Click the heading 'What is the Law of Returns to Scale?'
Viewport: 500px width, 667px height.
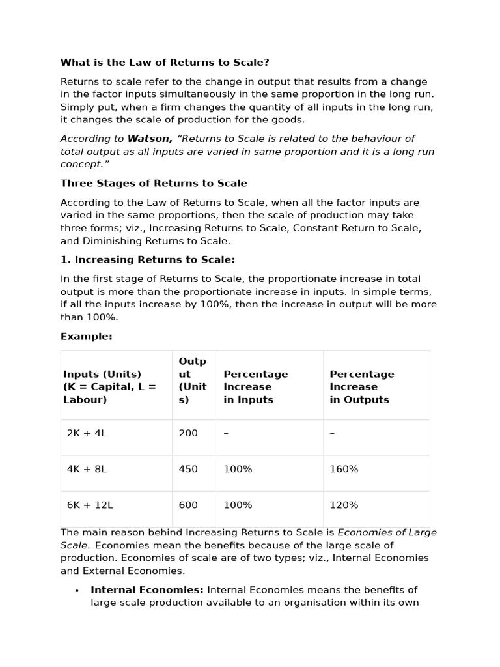tap(165, 63)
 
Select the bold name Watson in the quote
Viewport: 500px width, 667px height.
tap(150, 139)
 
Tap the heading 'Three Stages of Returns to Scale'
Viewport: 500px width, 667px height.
tap(154, 184)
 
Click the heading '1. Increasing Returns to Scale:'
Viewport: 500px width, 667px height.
tap(148, 260)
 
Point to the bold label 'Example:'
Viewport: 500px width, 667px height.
tap(87, 337)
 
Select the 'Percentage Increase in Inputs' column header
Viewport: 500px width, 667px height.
tap(255, 387)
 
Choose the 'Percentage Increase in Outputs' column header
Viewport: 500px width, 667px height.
tap(362, 387)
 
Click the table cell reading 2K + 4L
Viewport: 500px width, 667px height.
tap(87, 433)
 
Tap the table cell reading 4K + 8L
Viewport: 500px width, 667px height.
tap(87, 470)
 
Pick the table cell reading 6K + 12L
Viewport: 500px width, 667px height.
tap(90, 505)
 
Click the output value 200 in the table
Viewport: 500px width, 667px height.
tap(188, 433)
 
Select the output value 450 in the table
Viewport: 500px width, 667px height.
tap(188, 470)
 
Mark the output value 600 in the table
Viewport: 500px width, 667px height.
tap(188, 505)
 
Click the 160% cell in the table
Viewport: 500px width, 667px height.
tap(344, 470)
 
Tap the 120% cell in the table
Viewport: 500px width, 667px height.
tap(344, 505)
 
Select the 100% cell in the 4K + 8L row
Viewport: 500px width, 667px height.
tap(238, 470)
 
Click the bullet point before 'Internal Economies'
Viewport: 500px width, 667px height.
tap(77, 591)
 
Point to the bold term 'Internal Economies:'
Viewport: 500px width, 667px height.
tap(147, 590)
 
